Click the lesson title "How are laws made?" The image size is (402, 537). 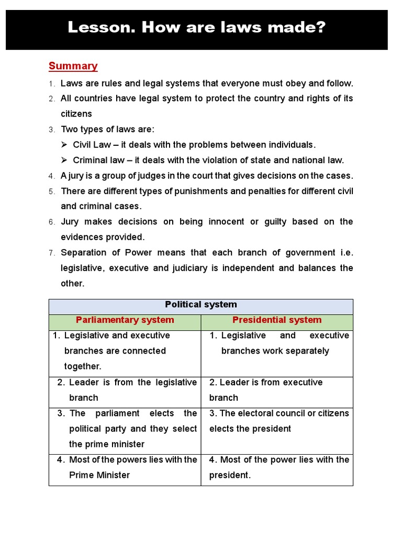pos(196,27)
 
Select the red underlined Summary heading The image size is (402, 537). pos(73,66)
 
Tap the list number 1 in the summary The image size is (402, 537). pos(51,84)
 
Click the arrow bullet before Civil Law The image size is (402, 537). pos(64,145)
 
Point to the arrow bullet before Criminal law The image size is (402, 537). pos(64,160)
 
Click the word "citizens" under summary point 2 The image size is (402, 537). pos(76,114)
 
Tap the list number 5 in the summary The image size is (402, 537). pos(51,191)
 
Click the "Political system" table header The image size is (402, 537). pos(200,305)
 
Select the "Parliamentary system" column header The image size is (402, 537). pos(125,320)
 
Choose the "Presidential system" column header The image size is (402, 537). pos(277,320)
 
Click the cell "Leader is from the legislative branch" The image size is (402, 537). pos(127,390)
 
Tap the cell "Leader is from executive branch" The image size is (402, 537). pos(266,390)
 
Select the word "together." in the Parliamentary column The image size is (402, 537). pos(83,367)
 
